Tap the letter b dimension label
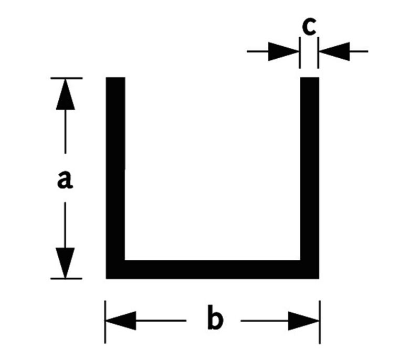click(x=214, y=320)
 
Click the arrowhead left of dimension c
click(x=283, y=51)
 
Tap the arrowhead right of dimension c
click(x=333, y=51)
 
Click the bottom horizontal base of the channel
click(x=213, y=269)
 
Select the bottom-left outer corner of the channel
click(x=108, y=277)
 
